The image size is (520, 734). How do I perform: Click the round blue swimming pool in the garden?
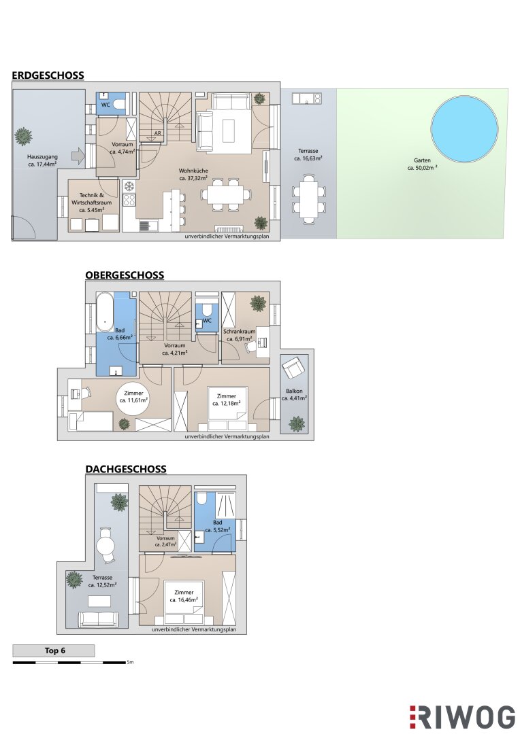(x=464, y=127)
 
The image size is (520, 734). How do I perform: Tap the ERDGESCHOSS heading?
(x=48, y=75)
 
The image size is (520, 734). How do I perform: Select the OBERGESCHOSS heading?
(x=125, y=275)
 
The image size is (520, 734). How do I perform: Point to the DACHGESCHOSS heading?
(x=126, y=469)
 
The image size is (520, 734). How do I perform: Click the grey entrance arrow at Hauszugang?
(x=78, y=156)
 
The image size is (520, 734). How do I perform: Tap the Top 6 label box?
(x=54, y=650)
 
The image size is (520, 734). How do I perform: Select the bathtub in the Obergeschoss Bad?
(x=105, y=311)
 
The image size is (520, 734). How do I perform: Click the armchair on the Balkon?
(x=294, y=368)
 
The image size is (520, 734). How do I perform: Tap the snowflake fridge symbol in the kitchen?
(x=129, y=186)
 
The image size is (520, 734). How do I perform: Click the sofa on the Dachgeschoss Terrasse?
(x=103, y=619)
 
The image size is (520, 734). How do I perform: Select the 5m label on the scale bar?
(x=131, y=663)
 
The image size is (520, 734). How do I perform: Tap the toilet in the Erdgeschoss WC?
(x=120, y=104)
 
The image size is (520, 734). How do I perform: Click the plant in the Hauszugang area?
(x=23, y=137)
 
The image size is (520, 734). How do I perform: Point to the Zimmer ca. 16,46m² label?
(x=184, y=596)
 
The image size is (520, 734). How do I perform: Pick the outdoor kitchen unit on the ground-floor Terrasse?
(x=307, y=99)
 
